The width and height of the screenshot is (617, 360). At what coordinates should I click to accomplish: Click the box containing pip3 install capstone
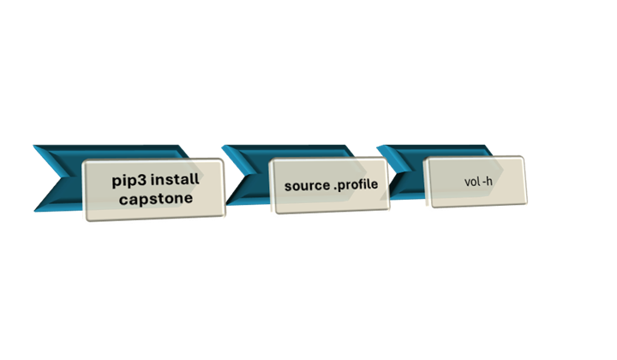pos(153,190)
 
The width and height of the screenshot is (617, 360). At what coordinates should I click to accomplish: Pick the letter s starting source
pos(289,185)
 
